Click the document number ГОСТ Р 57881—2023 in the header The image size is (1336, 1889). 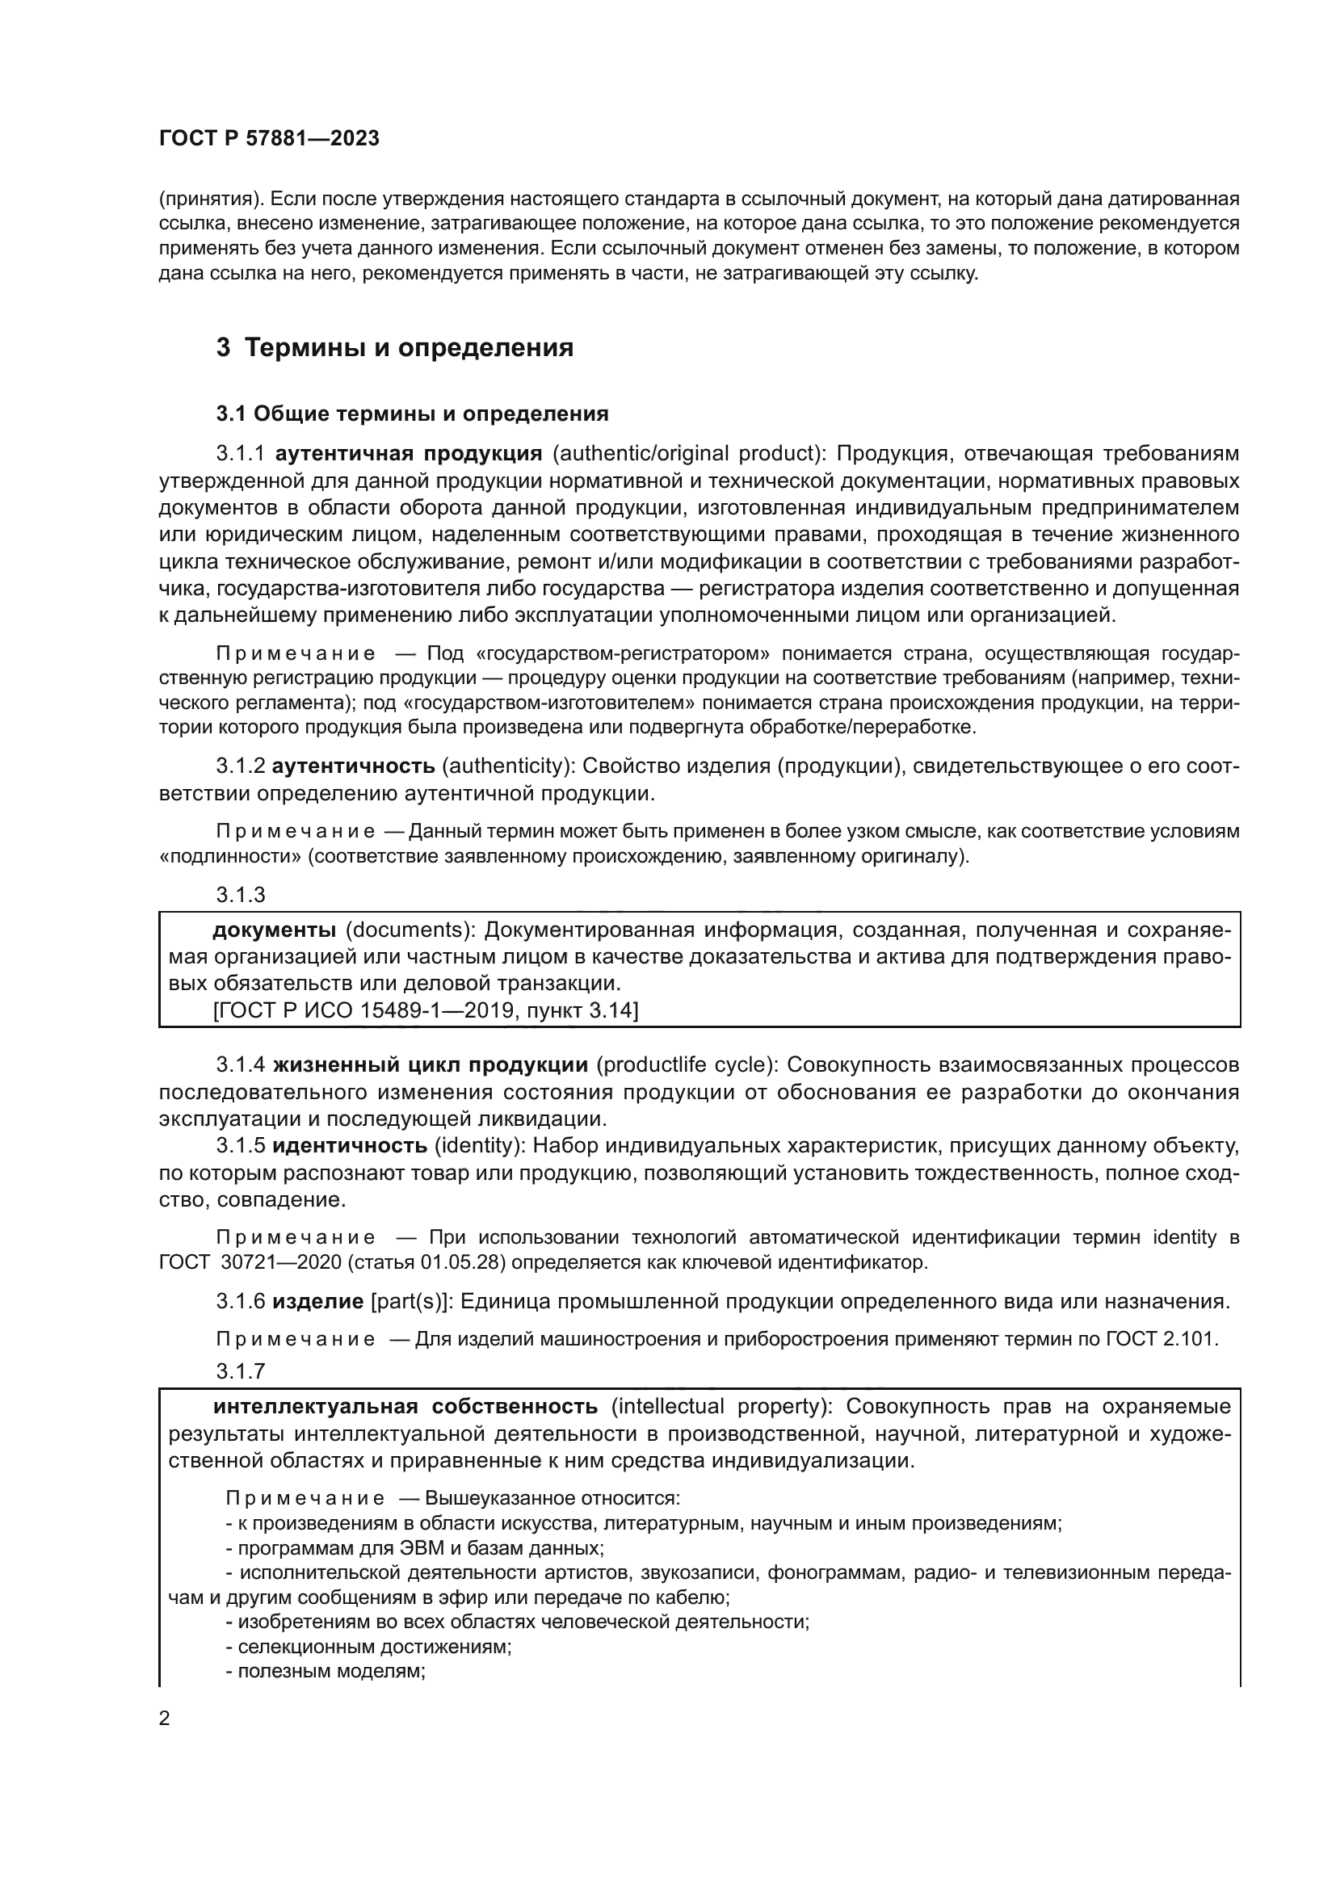click(x=269, y=139)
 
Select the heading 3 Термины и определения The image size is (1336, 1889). click(x=395, y=348)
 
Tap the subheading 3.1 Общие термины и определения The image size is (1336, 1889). click(x=412, y=413)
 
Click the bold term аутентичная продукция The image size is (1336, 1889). click(x=408, y=453)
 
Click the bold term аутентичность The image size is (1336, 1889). click(x=353, y=766)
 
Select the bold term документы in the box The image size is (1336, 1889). click(x=274, y=930)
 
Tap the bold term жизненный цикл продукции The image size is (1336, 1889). click(x=430, y=1064)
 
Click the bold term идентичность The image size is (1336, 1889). click(x=350, y=1145)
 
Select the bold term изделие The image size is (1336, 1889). click(x=317, y=1302)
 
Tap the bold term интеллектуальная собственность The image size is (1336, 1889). click(x=405, y=1405)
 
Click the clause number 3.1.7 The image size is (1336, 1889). click(x=240, y=1371)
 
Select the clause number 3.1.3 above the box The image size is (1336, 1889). click(x=240, y=894)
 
